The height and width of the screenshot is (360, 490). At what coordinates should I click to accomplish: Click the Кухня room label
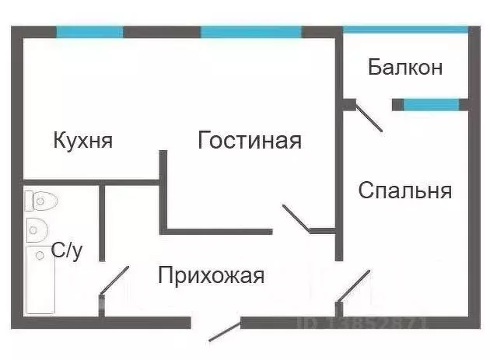point(83,141)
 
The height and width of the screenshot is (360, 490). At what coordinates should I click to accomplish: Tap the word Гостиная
point(250,141)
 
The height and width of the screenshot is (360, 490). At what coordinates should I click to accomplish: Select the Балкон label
point(405,68)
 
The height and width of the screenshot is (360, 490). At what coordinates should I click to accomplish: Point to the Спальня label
point(405,190)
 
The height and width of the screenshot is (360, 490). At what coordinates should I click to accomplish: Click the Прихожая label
point(212,275)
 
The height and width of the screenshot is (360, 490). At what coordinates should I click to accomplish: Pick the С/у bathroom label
point(66,250)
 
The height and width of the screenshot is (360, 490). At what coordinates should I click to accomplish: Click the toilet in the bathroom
point(40,202)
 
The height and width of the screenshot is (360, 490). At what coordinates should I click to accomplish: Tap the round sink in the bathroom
point(36,229)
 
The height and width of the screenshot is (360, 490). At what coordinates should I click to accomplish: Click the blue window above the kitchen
point(89,33)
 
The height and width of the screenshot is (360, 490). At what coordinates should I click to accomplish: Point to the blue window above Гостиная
point(250,33)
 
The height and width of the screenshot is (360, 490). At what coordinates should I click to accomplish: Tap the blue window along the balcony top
point(405,30)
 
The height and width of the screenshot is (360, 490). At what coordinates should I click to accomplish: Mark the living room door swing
point(297,218)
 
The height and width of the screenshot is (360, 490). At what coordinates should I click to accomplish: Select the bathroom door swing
point(114,281)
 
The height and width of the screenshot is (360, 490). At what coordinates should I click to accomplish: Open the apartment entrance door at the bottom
point(226,330)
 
